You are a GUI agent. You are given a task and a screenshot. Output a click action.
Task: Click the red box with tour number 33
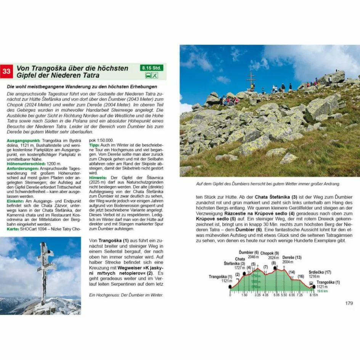[7, 71]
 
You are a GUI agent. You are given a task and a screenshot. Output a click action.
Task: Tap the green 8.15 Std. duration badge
[151, 68]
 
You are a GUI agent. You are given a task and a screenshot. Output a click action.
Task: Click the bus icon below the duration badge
[147, 75]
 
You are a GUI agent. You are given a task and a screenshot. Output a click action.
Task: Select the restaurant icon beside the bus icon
[155, 75]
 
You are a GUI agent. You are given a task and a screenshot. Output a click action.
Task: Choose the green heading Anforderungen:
[22, 168]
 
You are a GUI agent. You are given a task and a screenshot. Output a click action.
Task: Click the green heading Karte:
[13, 229]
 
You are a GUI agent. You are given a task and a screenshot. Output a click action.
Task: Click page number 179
[349, 303]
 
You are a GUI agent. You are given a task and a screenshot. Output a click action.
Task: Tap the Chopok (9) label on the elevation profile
[270, 253]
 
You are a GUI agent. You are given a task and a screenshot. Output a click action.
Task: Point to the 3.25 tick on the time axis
[257, 295]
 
